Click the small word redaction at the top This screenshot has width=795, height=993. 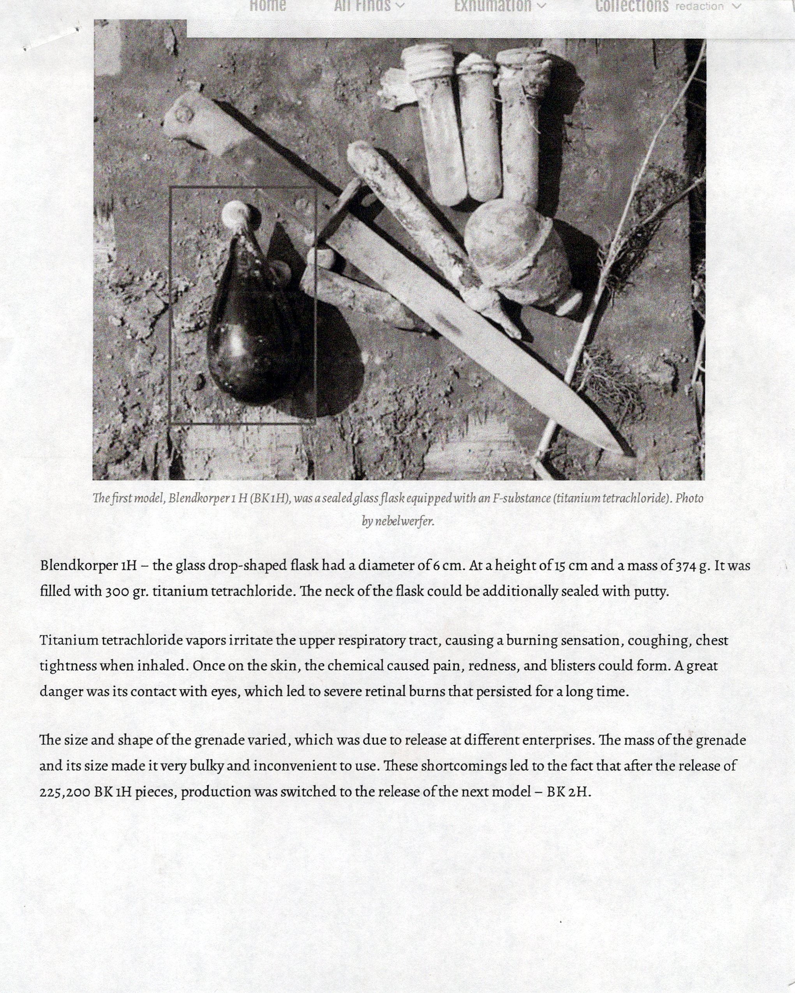pos(699,7)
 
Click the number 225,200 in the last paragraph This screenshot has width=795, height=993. pos(65,792)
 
